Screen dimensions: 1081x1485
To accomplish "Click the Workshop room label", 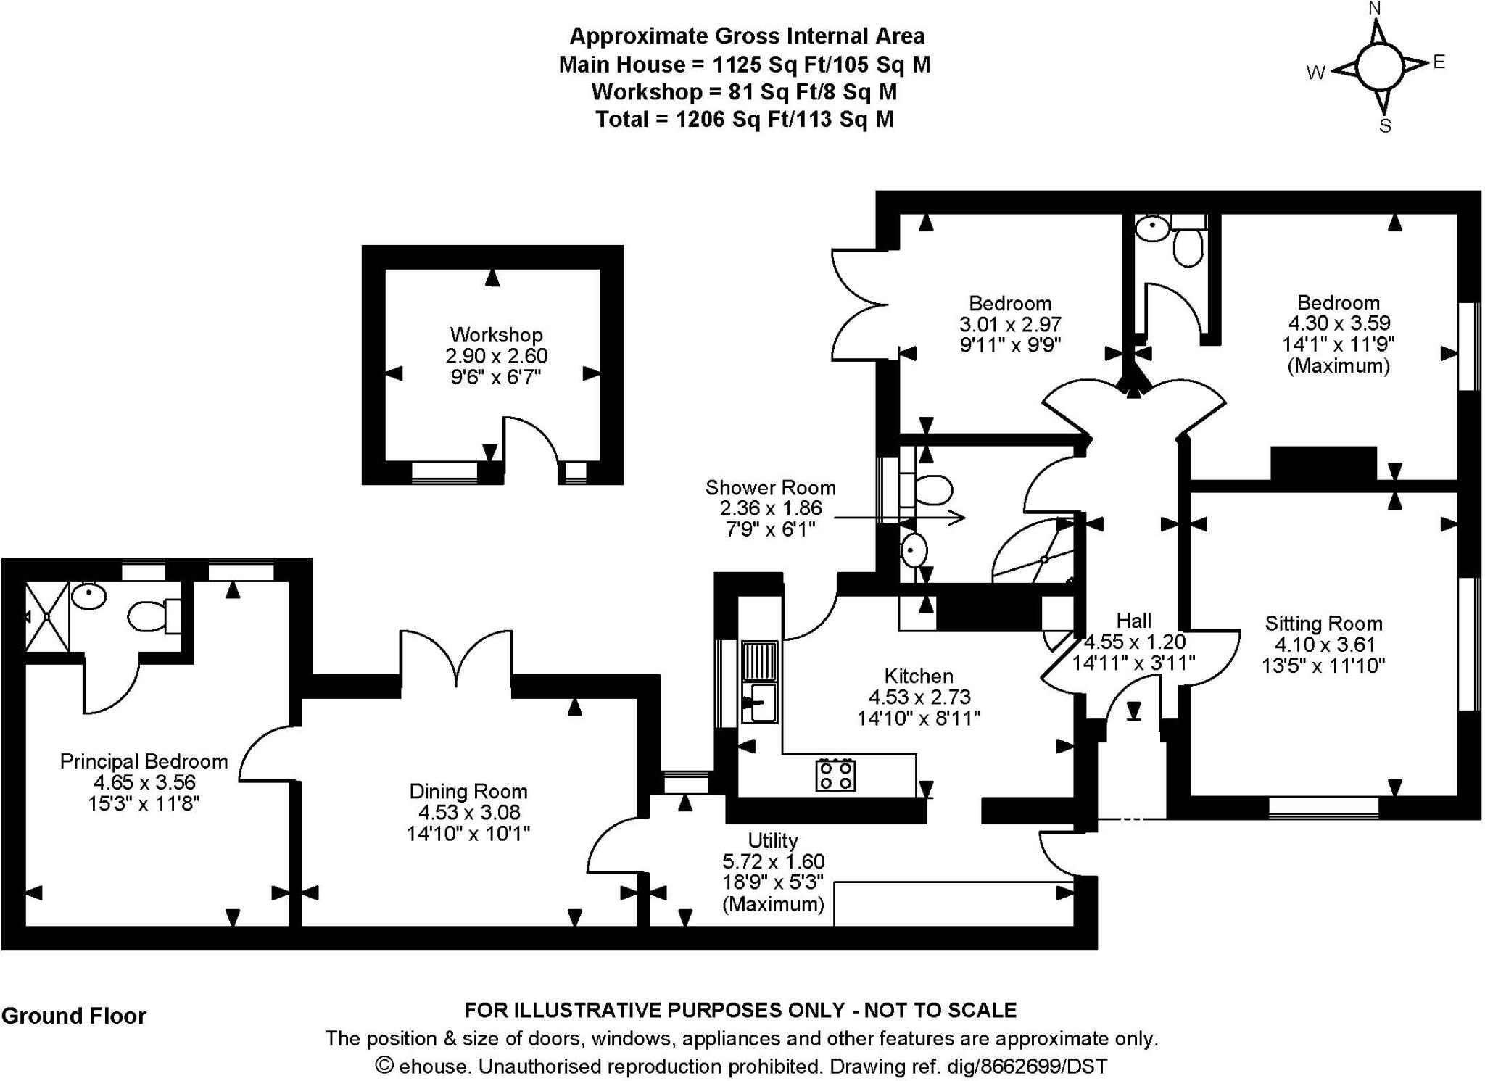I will pos(496,335).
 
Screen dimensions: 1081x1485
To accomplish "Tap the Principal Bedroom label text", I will pos(144,761).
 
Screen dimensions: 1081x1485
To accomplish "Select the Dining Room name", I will pos(468,791).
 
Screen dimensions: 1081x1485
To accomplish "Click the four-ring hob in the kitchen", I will pos(835,774).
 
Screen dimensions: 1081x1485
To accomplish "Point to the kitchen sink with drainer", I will pos(759,682).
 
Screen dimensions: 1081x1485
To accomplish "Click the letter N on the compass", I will pos(1375,9).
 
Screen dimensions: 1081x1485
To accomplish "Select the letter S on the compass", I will pos(1384,126).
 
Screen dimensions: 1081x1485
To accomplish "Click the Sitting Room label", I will pos(1323,624).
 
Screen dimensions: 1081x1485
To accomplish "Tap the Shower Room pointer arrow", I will pos(899,518).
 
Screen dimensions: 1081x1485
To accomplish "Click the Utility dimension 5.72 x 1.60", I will pos(773,861).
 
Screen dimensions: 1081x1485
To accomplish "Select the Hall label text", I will pos(1133,621).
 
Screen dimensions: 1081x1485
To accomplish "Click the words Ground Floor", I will pos(74,1016).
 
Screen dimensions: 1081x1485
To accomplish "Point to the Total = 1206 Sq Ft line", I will pos(744,120).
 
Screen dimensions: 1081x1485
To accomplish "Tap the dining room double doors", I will pos(456,656).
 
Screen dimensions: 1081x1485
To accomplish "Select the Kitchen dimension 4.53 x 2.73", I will pos(919,697).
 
